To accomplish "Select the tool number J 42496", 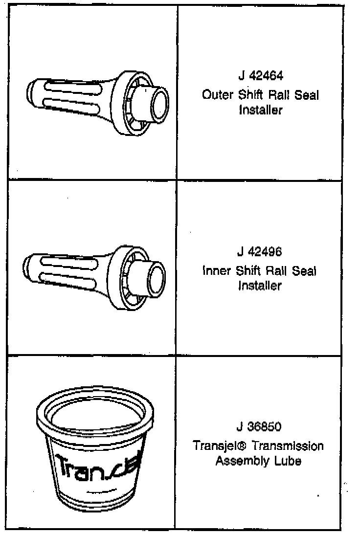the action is point(260,253).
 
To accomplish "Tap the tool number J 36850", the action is point(259,427).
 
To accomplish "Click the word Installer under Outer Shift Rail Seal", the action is point(260,110).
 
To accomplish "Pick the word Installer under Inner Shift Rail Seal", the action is point(260,286).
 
